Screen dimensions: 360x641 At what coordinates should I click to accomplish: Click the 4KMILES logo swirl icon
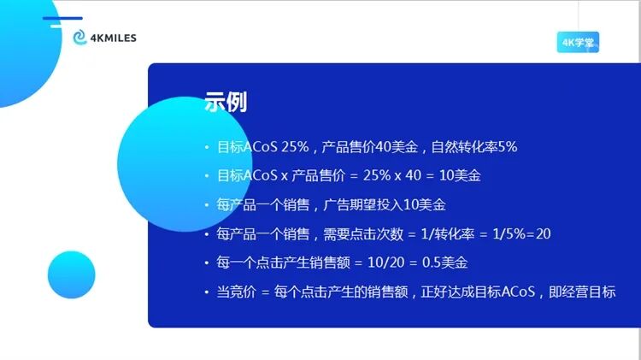pos(79,38)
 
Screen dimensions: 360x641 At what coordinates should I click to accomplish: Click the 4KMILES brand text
pos(112,38)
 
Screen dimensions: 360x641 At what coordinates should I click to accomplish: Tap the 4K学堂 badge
pos(577,43)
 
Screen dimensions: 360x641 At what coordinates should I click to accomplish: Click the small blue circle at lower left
pos(71,274)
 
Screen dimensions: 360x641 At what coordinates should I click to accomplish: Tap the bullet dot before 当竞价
pos(206,292)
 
